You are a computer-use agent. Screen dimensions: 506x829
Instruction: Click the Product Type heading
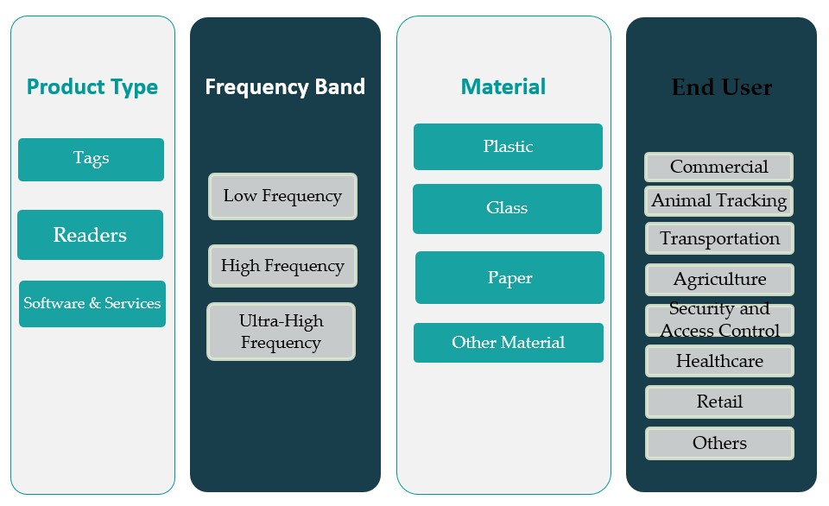tap(92, 87)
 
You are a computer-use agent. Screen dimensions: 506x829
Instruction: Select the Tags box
tap(91, 159)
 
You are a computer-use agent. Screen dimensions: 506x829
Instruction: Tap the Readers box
tap(90, 235)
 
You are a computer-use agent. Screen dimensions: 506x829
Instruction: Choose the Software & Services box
tap(92, 304)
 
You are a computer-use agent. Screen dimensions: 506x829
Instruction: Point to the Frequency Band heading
tap(285, 87)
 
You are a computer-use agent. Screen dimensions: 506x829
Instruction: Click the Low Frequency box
tap(282, 196)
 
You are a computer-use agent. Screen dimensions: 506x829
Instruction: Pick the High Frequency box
tap(282, 266)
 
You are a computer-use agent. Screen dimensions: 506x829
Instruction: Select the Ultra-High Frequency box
tap(281, 332)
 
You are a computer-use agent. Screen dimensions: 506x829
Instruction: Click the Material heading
tap(503, 87)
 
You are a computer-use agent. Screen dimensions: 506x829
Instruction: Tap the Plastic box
tap(508, 147)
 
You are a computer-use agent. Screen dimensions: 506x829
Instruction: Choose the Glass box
tap(507, 208)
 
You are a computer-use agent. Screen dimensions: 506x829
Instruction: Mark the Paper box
tap(509, 278)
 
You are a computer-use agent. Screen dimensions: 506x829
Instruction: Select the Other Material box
tap(508, 343)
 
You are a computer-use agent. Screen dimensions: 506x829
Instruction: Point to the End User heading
tap(722, 87)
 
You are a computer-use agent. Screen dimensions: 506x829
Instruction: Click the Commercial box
tap(718, 167)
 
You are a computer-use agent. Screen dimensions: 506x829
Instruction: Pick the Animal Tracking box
tap(718, 201)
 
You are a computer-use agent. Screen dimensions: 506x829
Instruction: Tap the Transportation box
tap(719, 238)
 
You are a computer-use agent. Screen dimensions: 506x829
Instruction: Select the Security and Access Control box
tap(719, 320)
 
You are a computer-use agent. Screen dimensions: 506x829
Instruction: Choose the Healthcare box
tap(719, 361)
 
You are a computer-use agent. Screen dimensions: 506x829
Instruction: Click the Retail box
tap(719, 402)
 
